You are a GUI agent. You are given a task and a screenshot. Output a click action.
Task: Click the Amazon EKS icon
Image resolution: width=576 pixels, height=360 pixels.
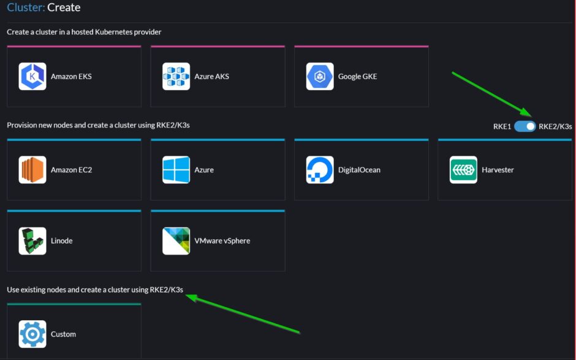32,77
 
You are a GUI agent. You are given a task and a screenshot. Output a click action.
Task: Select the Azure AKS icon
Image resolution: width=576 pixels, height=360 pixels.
176,77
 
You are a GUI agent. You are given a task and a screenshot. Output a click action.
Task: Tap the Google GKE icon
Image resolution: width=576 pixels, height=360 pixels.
320,77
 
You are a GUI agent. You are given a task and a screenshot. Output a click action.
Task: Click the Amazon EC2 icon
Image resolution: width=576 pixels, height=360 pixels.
32,170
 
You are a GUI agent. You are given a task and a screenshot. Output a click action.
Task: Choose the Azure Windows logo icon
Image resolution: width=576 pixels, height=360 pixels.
176,170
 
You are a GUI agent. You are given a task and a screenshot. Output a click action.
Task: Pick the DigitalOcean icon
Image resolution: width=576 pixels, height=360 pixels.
320,170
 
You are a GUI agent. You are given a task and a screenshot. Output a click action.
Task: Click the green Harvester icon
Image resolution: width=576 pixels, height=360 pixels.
463,170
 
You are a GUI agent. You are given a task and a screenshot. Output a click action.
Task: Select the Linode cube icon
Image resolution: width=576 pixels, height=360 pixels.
32,241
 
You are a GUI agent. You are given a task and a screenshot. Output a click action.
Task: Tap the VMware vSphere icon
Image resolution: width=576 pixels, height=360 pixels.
176,241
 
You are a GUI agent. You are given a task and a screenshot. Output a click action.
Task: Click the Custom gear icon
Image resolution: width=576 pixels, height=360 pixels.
32,334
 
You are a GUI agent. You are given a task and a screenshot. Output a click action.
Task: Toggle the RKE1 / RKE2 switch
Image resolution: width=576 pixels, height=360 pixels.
525,126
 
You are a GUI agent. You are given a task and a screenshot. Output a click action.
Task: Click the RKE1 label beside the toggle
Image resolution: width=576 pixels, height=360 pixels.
502,126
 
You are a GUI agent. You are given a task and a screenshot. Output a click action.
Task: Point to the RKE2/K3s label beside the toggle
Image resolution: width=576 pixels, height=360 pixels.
555,126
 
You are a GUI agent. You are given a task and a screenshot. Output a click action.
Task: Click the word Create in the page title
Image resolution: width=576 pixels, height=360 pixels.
64,8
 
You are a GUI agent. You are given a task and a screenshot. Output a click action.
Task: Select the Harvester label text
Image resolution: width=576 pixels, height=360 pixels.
498,170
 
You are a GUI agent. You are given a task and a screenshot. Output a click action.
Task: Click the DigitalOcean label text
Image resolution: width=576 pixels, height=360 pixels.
359,170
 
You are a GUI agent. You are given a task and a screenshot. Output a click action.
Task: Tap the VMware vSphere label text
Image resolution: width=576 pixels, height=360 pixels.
222,241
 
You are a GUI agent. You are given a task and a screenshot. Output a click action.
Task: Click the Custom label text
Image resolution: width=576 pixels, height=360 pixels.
63,334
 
